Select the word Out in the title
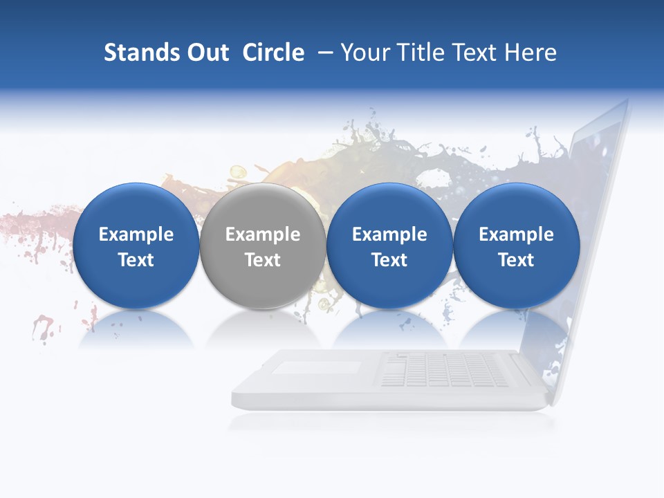(207, 53)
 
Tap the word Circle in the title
(273, 53)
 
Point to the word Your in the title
(366, 53)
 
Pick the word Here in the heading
(531, 53)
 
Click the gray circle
(263, 246)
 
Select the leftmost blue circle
(136, 246)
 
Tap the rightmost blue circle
(516, 246)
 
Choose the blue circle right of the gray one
(389, 246)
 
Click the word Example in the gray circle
(263, 234)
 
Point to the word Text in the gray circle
(263, 260)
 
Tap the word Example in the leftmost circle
(136, 234)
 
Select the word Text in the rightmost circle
(516, 260)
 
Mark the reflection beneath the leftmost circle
(136, 331)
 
